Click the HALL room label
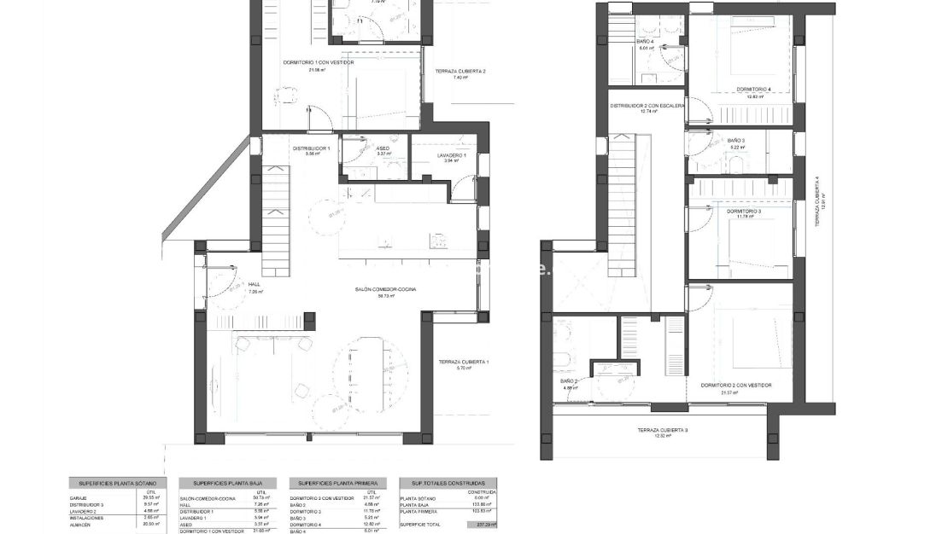255,284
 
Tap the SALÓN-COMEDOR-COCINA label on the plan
386,290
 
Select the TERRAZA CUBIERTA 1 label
463,363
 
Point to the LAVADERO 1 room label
451,156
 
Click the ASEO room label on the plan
383,148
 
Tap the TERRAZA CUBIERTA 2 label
459,71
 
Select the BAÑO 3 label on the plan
737,141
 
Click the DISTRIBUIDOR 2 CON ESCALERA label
647,106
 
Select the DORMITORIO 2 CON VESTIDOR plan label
735,386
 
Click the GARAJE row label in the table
79,498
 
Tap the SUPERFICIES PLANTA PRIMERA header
337,483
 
